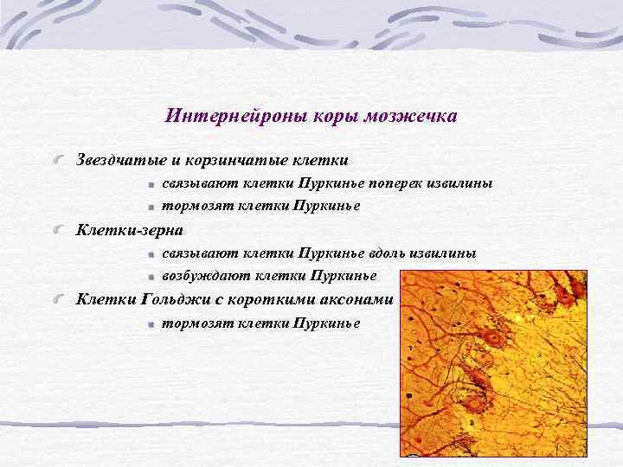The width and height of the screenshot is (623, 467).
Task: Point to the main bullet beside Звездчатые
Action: [58, 161]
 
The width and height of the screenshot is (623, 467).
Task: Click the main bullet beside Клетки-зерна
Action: [58, 231]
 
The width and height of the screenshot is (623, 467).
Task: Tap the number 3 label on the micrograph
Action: [539, 355]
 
